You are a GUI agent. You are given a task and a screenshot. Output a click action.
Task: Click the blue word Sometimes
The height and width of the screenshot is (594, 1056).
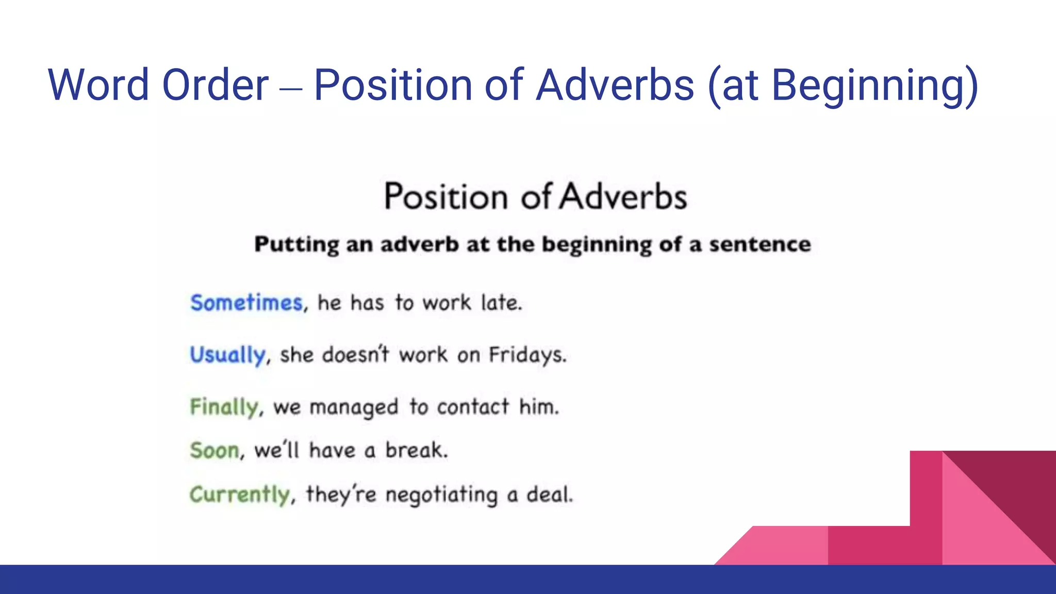point(246,303)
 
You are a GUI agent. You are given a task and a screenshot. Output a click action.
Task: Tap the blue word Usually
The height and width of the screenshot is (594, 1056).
point(227,355)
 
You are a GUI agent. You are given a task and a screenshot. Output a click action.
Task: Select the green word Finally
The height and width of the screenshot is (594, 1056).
point(224,407)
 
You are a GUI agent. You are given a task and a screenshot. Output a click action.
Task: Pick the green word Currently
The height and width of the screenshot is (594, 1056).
point(240,495)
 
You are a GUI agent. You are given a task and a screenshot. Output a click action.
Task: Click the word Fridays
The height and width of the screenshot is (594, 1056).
point(527,355)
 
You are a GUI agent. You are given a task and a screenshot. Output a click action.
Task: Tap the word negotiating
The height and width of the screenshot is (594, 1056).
point(441,495)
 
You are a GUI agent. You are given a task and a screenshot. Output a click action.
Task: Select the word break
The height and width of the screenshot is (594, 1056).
point(416,451)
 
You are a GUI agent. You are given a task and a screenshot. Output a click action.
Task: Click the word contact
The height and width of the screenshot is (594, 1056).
point(473,407)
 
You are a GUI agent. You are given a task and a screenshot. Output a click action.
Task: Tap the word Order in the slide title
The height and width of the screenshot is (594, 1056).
point(215,85)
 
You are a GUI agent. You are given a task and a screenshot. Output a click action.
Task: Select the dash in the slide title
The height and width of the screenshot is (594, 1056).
point(291,89)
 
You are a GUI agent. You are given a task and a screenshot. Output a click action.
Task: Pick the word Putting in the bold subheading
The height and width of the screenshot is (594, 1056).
point(296,244)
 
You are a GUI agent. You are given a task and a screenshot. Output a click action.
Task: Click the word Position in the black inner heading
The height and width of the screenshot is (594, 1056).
point(446,197)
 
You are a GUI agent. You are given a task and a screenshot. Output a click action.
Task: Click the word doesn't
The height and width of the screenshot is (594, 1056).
point(356,355)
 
